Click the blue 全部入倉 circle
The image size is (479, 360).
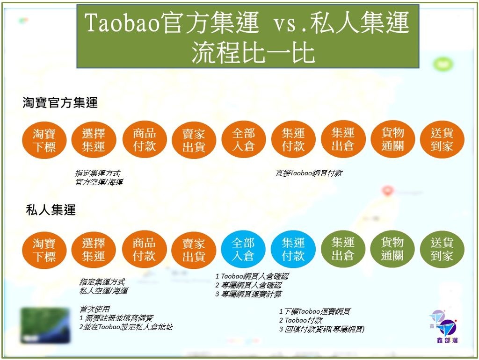click(243, 250)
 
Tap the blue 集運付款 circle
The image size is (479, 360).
click(293, 250)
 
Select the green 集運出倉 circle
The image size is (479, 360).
click(343, 249)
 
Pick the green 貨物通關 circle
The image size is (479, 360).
click(392, 249)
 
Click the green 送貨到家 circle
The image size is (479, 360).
click(442, 249)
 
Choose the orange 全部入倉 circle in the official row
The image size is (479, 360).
click(243, 139)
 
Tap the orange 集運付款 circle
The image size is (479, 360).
click(293, 139)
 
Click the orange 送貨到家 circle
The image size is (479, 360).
click(442, 139)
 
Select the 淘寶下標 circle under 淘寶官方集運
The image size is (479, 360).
click(44, 140)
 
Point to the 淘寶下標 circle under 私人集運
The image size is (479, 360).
click(44, 250)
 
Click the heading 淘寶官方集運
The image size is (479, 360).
click(60, 102)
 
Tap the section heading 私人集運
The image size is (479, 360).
click(51, 210)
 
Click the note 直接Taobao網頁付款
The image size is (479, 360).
click(309, 173)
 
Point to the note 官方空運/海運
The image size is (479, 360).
click(99, 182)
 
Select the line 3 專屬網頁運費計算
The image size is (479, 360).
click(249, 294)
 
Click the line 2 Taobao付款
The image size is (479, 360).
click(301, 320)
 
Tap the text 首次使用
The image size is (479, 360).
click(94, 309)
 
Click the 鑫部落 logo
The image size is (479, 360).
click(444, 327)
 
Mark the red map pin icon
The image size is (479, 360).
click(387, 191)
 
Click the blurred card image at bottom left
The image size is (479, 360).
click(45, 325)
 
